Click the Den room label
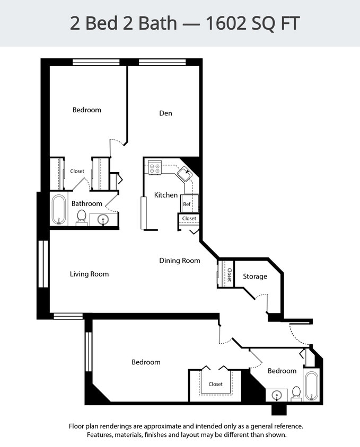click(x=165, y=113)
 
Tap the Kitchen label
click(x=165, y=195)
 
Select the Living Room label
click(x=89, y=274)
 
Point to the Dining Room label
click(x=180, y=261)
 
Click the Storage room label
click(x=255, y=276)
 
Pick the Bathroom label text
click(x=87, y=203)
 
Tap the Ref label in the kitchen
click(x=187, y=204)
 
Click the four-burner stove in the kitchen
click(x=155, y=168)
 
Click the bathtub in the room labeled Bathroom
click(x=58, y=210)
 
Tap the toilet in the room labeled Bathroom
click(x=82, y=216)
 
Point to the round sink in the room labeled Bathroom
click(x=103, y=219)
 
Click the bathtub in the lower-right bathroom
click(x=311, y=385)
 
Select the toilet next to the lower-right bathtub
click(x=296, y=392)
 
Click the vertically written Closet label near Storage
click(x=230, y=274)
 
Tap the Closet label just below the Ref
click(x=189, y=218)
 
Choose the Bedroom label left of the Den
click(x=86, y=110)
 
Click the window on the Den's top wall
click(x=162, y=62)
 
